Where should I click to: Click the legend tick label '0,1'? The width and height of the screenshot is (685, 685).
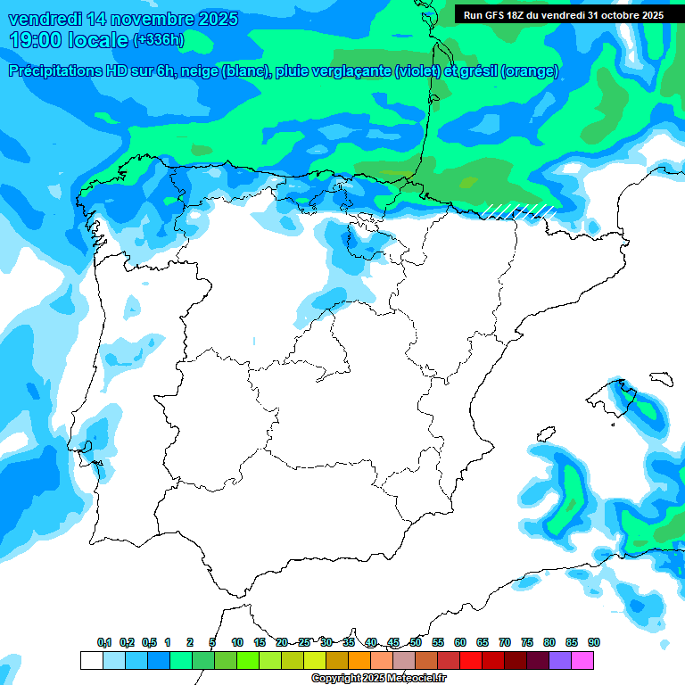104,642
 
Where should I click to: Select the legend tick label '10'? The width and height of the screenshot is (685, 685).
237,642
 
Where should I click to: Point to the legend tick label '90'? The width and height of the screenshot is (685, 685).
594,642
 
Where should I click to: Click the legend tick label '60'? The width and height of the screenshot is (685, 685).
460,642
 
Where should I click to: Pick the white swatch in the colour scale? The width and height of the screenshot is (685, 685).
92,660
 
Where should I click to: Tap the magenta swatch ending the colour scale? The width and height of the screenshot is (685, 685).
582,660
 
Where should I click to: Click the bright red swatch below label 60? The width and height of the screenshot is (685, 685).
471,660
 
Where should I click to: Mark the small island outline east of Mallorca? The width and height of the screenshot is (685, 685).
660,378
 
